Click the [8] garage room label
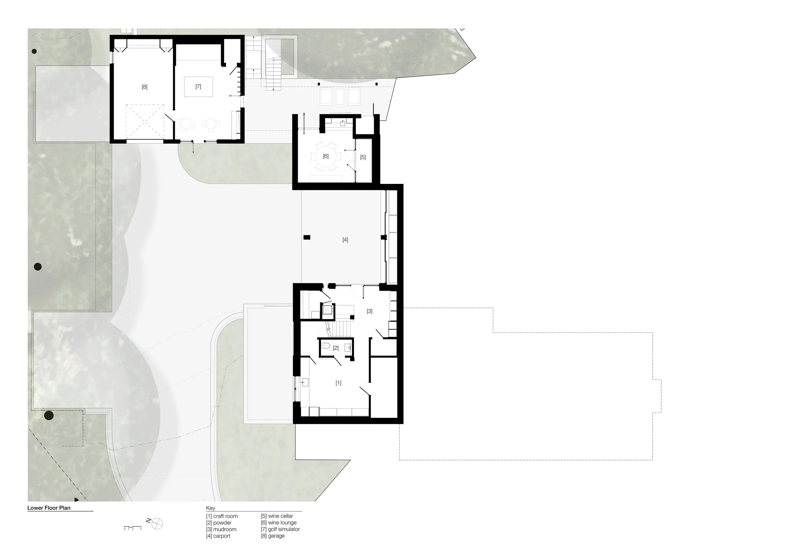click(x=144, y=87)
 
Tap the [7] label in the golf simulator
click(x=198, y=86)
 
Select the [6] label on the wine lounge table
click(x=326, y=156)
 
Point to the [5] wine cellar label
click(x=363, y=157)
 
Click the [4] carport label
click(x=345, y=240)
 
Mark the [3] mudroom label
click(x=369, y=311)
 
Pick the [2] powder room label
click(x=335, y=348)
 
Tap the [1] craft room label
click(x=338, y=383)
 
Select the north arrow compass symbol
click(x=157, y=524)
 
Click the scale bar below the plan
click(x=133, y=527)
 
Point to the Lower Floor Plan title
click(x=49, y=508)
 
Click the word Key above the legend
click(x=210, y=508)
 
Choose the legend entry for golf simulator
click(x=280, y=529)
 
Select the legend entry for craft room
click(x=222, y=516)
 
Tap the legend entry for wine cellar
click(x=277, y=516)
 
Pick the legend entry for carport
click(x=218, y=536)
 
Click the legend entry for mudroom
click(x=221, y=529)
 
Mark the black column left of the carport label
click(x=307, y=237)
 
